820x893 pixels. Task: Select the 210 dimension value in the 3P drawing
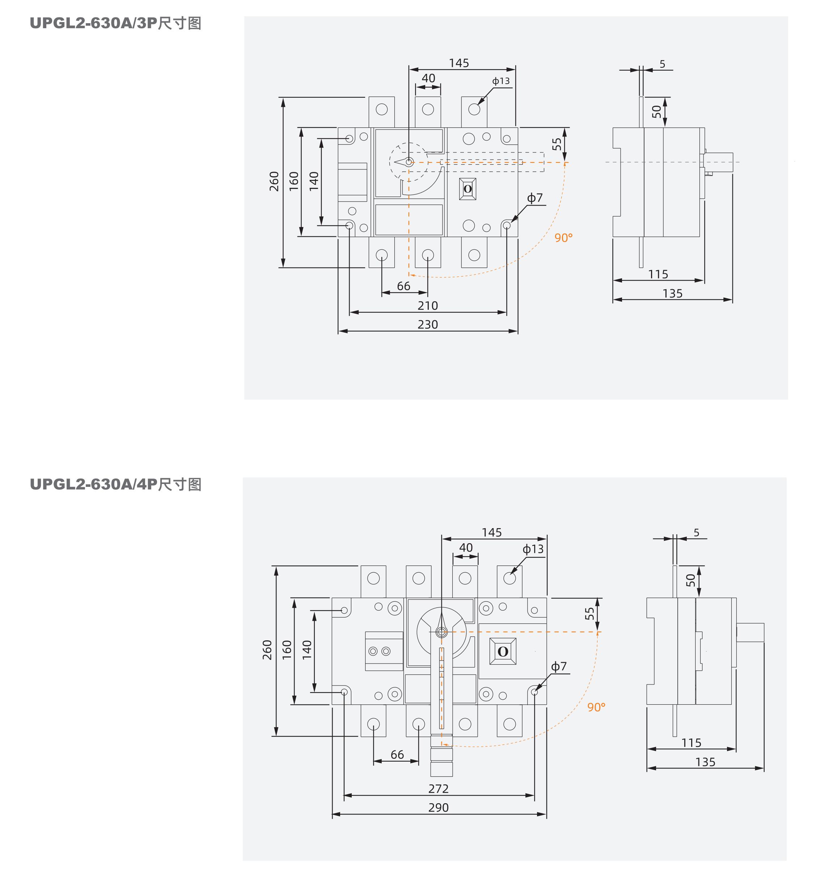click(427, 306)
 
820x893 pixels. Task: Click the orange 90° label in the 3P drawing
click(563, 238)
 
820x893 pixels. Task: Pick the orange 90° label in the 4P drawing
click(596, 707)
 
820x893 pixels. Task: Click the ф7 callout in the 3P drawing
click(535, 198)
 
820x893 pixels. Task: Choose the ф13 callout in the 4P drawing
click(533, 549)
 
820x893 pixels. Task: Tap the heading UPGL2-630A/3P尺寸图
click(115, 24)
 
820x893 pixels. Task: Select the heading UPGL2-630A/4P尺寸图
click(115, 484)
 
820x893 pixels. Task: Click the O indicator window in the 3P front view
click(468, 189)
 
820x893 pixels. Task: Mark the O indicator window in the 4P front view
click(503, 652)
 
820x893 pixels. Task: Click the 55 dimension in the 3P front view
click(557, 144)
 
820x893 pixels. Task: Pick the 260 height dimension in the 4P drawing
click(267, 650)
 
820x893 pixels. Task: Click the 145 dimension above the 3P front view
click(459, 63)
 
